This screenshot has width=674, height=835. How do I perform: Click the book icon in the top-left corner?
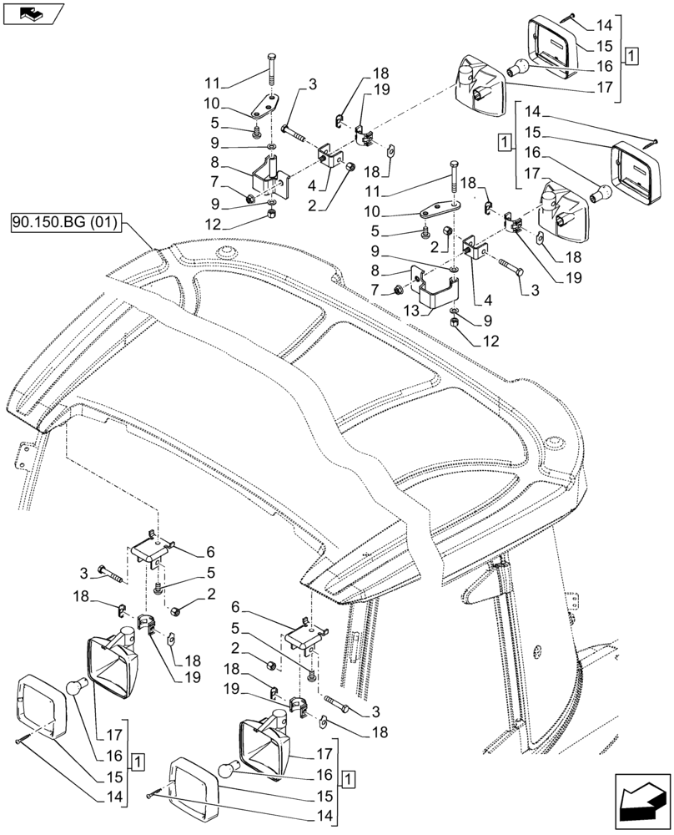pyautogui.click(x=33, y=13)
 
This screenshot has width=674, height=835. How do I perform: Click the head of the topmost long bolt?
pyautogui.click(x=274, y=57)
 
